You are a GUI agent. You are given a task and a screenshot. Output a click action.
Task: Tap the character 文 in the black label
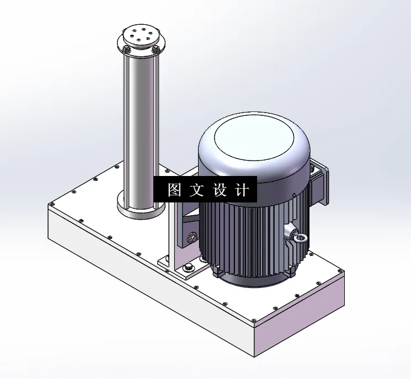(196, 190)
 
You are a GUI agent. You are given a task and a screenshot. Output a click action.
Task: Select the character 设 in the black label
(219, 190)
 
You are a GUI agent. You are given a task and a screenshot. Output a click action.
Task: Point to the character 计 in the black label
(242, 190)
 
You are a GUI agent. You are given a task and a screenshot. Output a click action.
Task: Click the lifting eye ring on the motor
(300, 238)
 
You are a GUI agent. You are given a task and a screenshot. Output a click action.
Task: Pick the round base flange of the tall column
(140, 210)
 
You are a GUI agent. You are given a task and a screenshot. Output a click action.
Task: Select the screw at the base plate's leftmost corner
(54, 205)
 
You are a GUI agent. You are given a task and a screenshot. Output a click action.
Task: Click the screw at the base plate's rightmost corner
(337, 271)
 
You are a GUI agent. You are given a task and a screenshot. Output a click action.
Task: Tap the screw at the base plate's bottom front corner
(253, 322)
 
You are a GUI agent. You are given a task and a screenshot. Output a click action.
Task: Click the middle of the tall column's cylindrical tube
(141, 127)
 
